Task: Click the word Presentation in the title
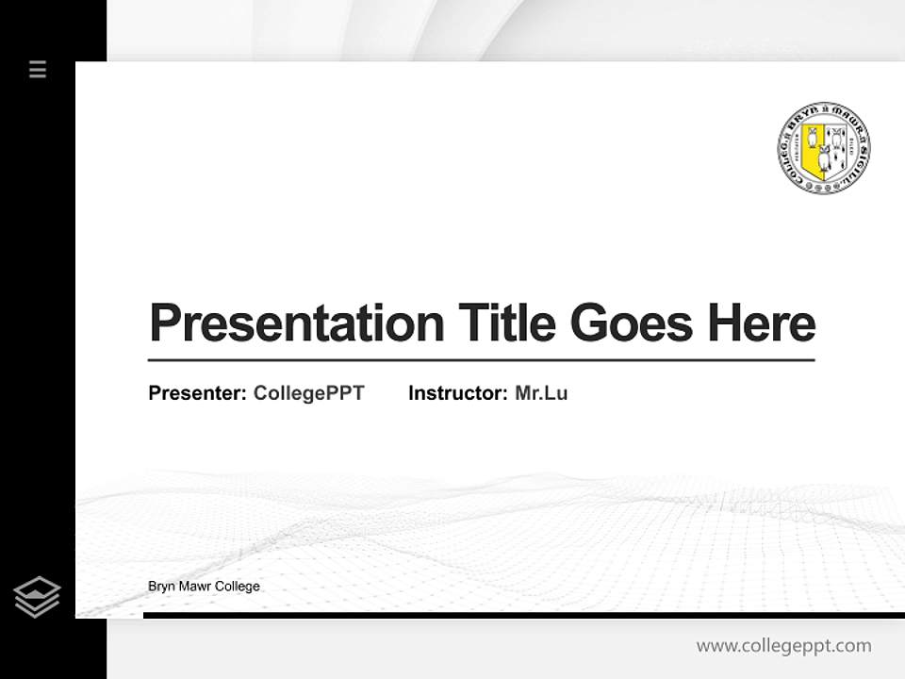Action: click(x=297, y=323)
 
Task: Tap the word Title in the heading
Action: click(x=506, y=323)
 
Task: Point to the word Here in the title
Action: click(x=762, y=323)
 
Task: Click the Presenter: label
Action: click(x=197, y=393)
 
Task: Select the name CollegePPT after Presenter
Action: click(x=308, y=393)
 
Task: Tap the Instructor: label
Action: click(x=457, y=393)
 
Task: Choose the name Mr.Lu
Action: click(x=541, y=393)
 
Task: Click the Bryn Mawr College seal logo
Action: click(x=823, y=147)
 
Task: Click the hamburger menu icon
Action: click(x=38, y=69)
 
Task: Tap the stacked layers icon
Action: click(x=37, y=596)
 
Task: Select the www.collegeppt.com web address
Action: click(x=783, y=646)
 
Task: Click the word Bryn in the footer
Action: click(x=161, y=587)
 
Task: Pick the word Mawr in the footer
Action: click(x=195, y=587)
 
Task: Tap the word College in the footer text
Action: click(x=238, y=587)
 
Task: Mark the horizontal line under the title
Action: click(x=481, y=360)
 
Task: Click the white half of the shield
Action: click(x=835, y=147)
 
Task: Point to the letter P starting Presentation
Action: click(x=162, y=323)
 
